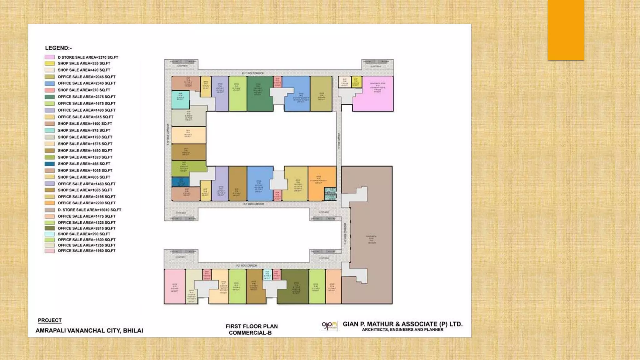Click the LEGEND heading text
point(58,48)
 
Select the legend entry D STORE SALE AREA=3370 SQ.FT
point(88,57)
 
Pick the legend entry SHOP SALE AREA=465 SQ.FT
point(84,164)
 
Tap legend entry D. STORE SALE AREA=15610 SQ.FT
point(89,210)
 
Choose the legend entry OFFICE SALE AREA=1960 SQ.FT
point(87,251)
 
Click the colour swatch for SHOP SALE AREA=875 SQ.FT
point(50,130)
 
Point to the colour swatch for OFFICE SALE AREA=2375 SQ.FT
point(50,97)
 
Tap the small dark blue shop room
point(180,182)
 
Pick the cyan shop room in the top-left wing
point(180,99)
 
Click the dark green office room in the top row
point(259,94)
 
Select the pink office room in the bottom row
point(174,286)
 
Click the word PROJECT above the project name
point(50,320)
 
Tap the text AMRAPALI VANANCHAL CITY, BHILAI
point(89,331)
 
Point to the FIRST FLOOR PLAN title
point(252,326)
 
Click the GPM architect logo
point(329,326)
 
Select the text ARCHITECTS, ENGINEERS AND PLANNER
point(402,330)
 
